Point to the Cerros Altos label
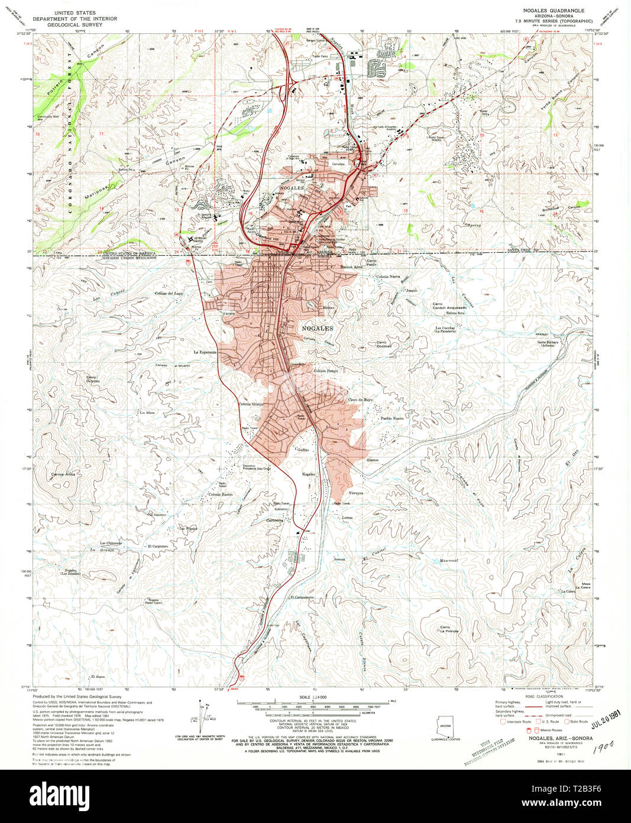(63, 475)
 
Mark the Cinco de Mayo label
(360, 400)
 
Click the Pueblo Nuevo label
(391, 419)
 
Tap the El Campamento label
(302, 597)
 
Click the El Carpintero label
(158, 546)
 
